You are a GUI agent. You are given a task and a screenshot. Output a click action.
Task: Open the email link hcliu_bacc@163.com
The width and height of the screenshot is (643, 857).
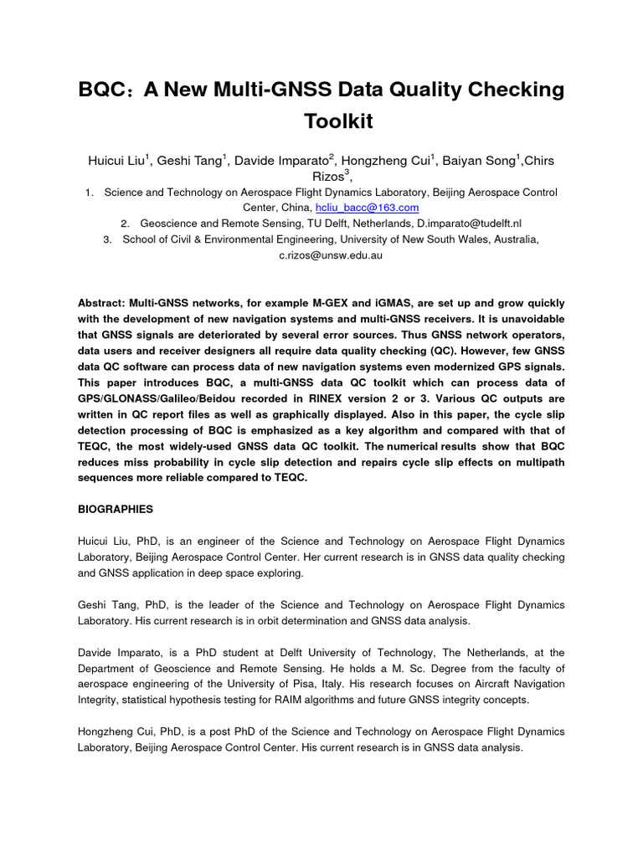367,208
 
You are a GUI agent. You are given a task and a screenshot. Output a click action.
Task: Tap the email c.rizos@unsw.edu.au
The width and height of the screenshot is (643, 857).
331,255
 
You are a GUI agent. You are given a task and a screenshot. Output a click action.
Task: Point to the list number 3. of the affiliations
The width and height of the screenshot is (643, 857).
107,239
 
